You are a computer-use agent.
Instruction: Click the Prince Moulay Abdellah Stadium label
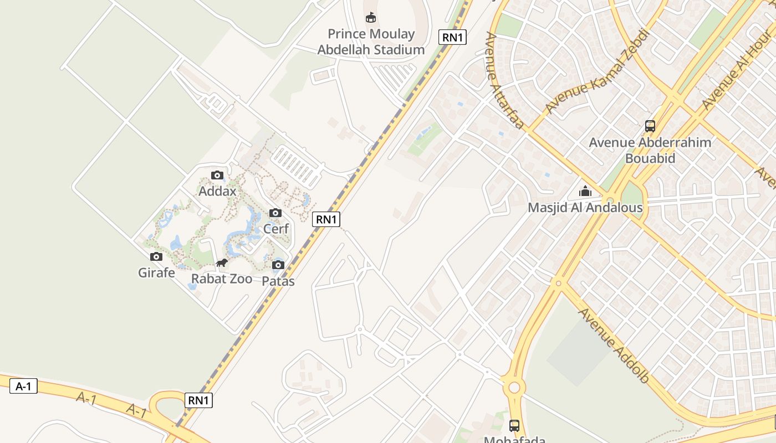[x=371, y=42]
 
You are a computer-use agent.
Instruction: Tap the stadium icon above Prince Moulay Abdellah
[x=371, y=18]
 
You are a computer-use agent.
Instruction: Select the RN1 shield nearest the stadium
[x=452, y=37]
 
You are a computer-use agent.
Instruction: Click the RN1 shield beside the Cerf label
[x=326, y=219]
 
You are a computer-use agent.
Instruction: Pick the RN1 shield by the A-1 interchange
[x=198, y=400]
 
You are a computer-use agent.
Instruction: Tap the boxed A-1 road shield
[x=23, y=387]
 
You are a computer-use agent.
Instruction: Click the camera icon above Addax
[x=217, y=176]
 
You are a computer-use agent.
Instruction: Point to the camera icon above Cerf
[x=275, y=213]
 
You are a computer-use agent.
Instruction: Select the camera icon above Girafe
[x=156, y=257]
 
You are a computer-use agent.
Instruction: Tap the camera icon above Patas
[x=278, y=265]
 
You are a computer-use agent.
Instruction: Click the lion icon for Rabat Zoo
[x=222, y=263]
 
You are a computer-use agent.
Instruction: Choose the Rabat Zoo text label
[x=222, y=279]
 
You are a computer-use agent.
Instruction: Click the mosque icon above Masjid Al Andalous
[x=585, y=192]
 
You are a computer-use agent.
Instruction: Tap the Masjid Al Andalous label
[x=585, y=208]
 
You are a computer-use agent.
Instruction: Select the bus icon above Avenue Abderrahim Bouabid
[x=650, y=126]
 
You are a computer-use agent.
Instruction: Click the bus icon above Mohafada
[x=514, y=425]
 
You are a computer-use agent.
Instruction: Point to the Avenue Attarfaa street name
[x=504, y=80]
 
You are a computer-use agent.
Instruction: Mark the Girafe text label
[x=156, y=272]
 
